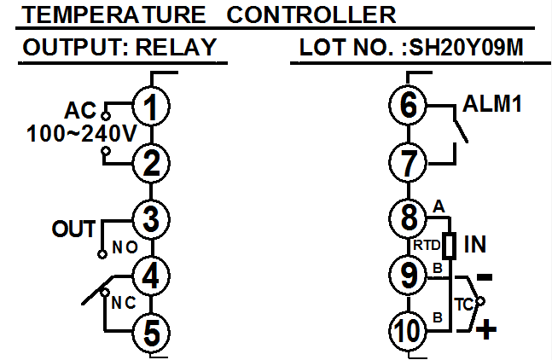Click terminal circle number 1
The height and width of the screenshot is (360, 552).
pos(151,107)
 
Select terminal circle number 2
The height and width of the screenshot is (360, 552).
pos(151,162)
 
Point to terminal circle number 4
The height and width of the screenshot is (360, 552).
pos(151,276)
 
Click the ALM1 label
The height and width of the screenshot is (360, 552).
pos(491,105)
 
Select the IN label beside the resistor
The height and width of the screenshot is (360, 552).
pos(478,246)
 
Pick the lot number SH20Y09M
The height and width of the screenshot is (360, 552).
pos(464,48)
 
